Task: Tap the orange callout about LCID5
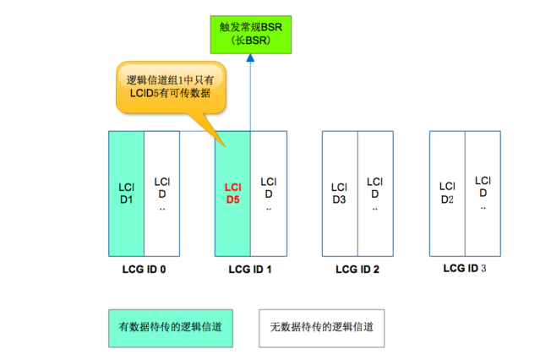coord(173,87)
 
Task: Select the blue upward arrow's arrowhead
coord(250,58)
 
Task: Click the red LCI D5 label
coord(232,194)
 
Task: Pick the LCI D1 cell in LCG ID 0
coord(126,194)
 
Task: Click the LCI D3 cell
coord(339,194)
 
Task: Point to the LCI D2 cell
coord(447,192)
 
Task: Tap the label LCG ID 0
coord(144,270)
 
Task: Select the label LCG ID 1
coord(250,270)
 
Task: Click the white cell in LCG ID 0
coord(161,194)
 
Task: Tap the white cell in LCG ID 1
coord(268,194)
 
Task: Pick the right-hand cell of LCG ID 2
coord(375,194)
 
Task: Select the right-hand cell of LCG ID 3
coord(483,192)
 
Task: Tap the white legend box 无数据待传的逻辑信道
coord(320,326)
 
